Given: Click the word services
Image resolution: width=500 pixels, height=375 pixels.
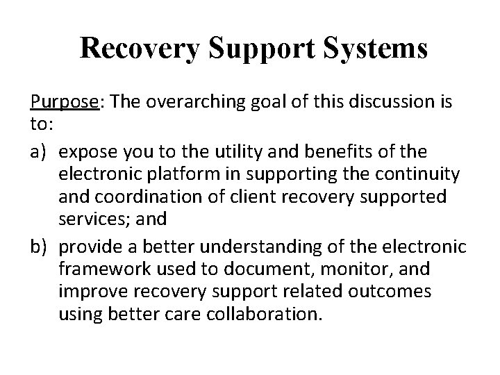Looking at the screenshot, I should (x=92, y=219).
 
